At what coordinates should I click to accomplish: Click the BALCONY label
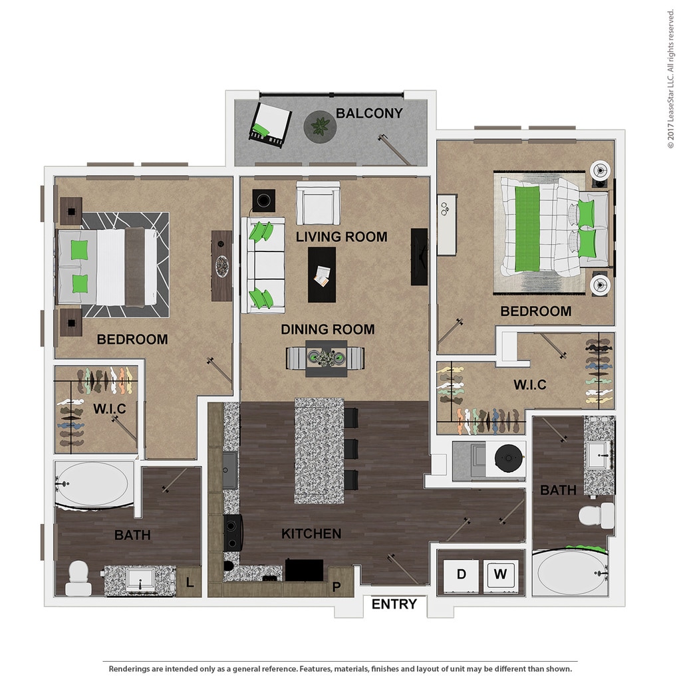pos(369,113)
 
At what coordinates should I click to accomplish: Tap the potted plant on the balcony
pos(320,126)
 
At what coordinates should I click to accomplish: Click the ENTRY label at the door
pos(394,604)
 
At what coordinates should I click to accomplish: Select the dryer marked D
pos(461,575)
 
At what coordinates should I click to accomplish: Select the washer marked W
pos(500,575)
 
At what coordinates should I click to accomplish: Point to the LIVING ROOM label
pos(341,237)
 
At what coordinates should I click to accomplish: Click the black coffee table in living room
pos(322,275)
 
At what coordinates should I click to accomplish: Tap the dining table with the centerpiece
pos(326,358)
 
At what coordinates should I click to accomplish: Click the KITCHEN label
pos(311,534)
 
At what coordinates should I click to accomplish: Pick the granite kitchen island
pos(319,451)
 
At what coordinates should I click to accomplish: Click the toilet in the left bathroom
pos(78,578)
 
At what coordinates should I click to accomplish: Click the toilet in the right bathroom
pos(597,515)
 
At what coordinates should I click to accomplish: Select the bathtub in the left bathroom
pos(94,484)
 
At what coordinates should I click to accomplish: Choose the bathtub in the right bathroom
pos(570,573)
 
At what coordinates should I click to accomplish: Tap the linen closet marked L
pos(189,581)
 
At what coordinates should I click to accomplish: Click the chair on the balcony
pos(270,124)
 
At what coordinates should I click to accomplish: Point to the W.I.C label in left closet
pos(110,409)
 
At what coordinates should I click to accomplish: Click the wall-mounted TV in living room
pos(419,257)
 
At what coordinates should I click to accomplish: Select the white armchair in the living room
pos(318,204)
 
